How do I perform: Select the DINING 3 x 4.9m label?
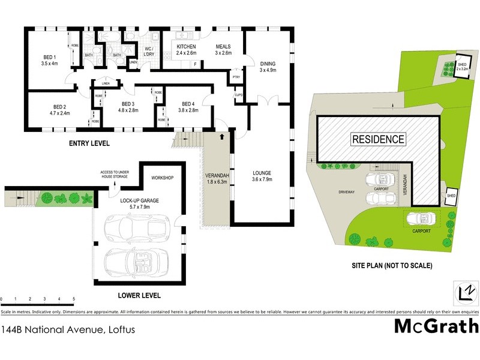point(267,66)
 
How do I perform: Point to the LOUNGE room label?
point(262,175)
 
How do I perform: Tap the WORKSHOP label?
point(162,178)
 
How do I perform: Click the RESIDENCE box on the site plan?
point(378,139)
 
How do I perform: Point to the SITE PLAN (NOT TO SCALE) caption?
point(392,265)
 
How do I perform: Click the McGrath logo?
point(436,326)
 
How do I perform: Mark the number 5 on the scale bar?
point(73,298)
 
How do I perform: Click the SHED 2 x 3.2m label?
point(461,67)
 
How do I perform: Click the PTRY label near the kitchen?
point(236,77)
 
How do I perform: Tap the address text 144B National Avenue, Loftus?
point(68,329)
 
